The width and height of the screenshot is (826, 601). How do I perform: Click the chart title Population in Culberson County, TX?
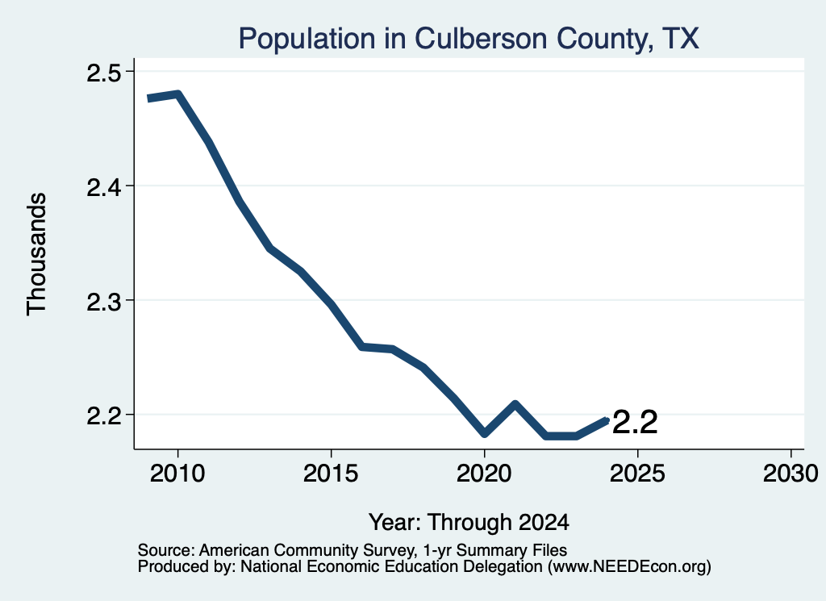click(469, 39)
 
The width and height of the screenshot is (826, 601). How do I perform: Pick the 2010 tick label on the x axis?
click(177, 474)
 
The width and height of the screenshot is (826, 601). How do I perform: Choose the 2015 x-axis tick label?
click(331, 474)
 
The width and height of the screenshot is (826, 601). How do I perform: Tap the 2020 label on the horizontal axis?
click(484, 474)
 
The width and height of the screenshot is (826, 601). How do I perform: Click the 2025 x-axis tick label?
click(637, 474)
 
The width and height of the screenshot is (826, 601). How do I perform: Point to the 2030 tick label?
click(791, 474)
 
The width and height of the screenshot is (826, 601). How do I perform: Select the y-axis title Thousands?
click(37, 254)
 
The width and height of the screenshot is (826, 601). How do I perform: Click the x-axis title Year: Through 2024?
click(469, 523)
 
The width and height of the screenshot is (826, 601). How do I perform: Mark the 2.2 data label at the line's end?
click(636, 423)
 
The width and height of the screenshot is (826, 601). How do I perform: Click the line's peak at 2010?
click(178, 95)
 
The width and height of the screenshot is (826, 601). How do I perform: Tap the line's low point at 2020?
click(485, 433)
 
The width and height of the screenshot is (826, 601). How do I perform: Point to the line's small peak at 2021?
click(515, 404)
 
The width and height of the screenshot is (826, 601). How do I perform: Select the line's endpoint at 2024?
click(607, 420)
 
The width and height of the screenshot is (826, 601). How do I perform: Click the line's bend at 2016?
click(362, 347)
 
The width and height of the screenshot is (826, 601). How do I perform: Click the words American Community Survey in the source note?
click(306, 550)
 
